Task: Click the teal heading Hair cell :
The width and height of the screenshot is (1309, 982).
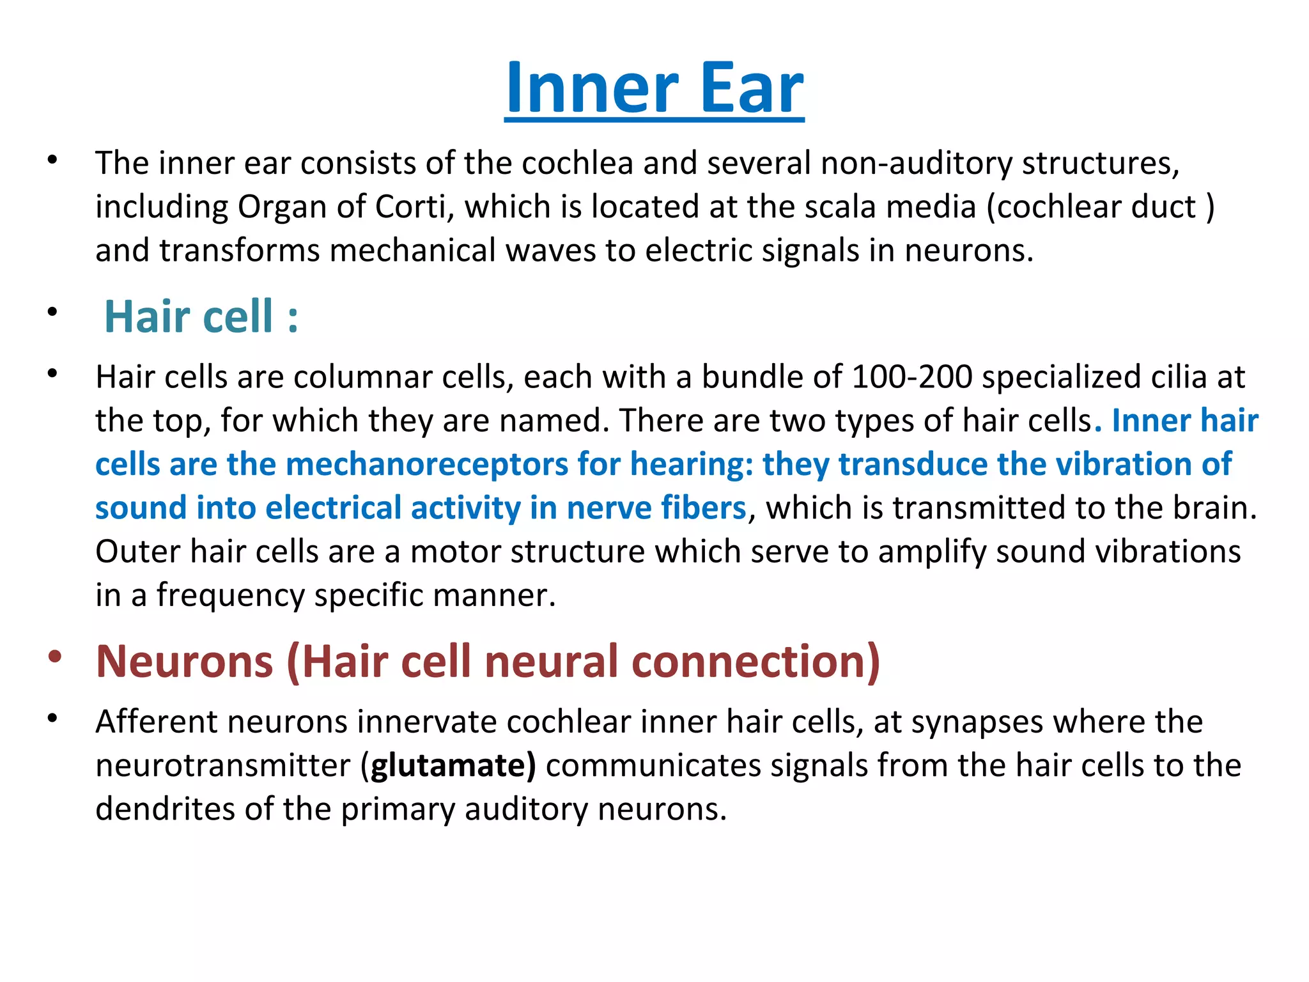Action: click(201, 316)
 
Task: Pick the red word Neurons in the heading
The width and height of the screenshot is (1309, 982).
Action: click(185, 661)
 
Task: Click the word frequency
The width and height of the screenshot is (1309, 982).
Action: click(231, 596)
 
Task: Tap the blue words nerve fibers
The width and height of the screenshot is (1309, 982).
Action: click(656, 508)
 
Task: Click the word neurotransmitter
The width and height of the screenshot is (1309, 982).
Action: click(223, 765)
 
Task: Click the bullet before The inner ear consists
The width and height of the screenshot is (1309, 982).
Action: click(52, 159)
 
